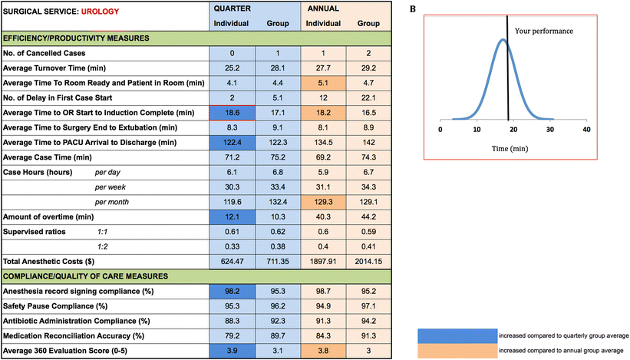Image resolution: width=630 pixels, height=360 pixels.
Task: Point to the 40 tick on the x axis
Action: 586,130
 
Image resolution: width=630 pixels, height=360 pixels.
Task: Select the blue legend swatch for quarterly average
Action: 454,335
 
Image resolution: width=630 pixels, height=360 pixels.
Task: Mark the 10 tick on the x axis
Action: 477,130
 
